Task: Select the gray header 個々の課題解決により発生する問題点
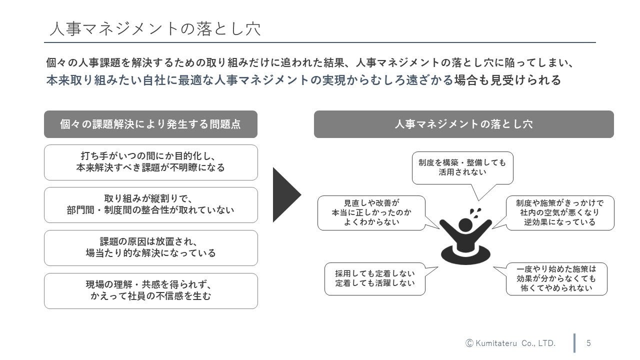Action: click(150, 124)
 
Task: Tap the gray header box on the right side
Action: click(463, 124)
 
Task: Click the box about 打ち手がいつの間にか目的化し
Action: click(150, 162)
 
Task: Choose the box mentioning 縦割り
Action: click(150, 205)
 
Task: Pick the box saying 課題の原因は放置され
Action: click(150, 247)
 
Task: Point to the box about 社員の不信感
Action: click(150, 290)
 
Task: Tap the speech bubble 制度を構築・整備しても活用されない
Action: click(462, 167)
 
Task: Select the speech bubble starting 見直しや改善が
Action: click(371, 212)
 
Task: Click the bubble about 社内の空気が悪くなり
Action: click(559, 212)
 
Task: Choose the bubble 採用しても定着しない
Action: click(375, 278)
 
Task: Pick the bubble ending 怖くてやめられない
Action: click(556, 278)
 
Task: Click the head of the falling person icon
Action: click(466, 223)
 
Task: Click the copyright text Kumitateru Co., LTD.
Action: click(511, 343)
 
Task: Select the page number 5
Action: click(588, 343)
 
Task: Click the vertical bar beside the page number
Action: click(574, 343)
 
